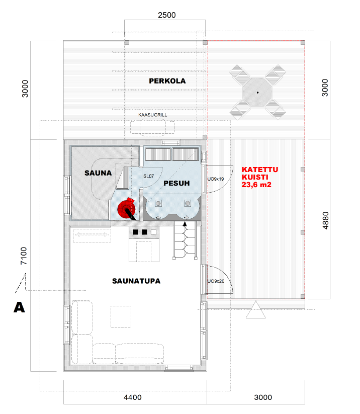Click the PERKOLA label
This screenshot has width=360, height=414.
click(167, 81)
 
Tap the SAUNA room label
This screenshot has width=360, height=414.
click(98, 173)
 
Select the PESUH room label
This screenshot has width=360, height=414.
click(176, 183)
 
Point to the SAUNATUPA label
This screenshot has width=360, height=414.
click(136, 281)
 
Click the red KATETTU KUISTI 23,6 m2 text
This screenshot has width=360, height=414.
click(260, 177)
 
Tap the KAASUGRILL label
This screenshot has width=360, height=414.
click(152, 115)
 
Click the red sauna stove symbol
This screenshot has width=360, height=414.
click(127, 209)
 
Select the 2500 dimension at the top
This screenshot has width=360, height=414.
click(167, 15)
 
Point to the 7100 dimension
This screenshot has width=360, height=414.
click(24, 256)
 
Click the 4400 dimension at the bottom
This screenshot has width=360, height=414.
click(133, 397)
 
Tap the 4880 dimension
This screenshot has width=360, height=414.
click(326, 220)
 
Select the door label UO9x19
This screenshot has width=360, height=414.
click(215, 179)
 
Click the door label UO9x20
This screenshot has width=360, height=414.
click(216, 281)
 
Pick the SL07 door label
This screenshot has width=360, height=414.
click(148, 176)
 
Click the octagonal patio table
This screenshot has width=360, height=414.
click(257, 93)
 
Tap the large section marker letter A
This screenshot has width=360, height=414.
click(19, 307)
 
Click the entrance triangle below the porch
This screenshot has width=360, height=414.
click(255, 310)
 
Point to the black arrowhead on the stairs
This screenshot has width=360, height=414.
click(185, 224)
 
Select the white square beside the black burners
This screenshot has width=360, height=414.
click(154, 232)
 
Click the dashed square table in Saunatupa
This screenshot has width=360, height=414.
click(121, 316)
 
